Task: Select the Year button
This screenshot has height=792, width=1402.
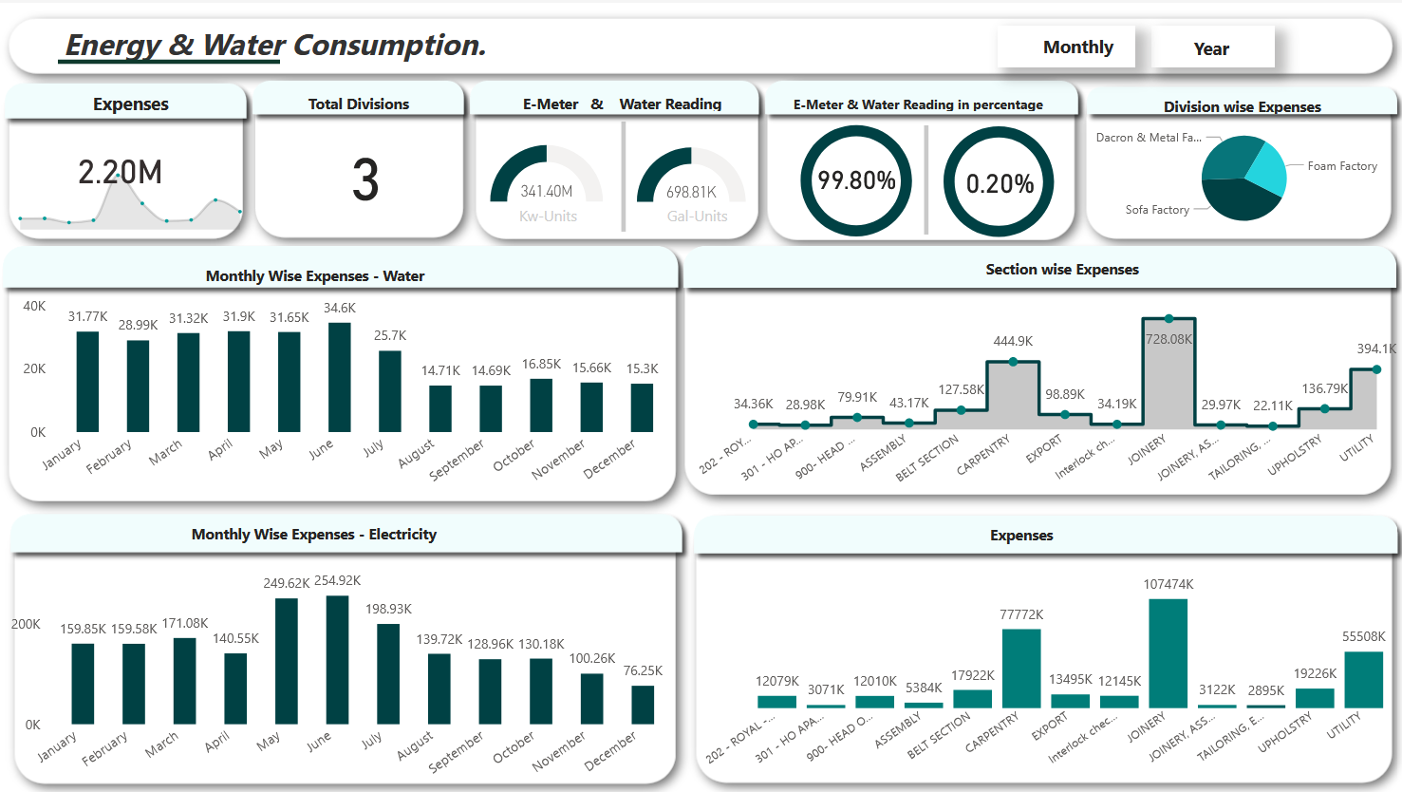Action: [1211, 49]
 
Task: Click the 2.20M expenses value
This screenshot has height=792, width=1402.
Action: [120, 173]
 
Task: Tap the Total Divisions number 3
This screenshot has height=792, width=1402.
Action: [365, 180]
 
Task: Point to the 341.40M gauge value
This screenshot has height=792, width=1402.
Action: [546, 192]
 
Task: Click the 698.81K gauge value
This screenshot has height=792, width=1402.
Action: [691, 193]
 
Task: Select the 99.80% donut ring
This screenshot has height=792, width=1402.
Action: [856, 180]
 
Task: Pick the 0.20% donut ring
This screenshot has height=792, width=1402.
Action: [999, 183]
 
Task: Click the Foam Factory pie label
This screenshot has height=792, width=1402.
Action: [1341, 166]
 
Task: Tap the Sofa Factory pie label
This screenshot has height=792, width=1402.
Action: [1156, 210]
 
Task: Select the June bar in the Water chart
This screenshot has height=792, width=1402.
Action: [340, 378]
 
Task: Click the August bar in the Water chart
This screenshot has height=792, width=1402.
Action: [440, 408]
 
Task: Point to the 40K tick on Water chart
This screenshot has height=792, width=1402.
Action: [34, 306]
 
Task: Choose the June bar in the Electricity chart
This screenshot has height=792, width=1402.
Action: [337, 660]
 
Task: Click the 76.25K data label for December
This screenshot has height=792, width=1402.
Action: [643, 670]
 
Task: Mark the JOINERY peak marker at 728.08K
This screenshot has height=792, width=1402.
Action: [1168, 319]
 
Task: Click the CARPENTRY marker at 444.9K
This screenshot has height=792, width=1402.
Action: [1013, 362]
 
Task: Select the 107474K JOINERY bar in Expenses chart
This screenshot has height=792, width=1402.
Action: [1168, 653]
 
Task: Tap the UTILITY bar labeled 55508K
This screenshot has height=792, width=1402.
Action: [1363, 680]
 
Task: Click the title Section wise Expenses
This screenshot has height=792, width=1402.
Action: [1061, 270]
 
